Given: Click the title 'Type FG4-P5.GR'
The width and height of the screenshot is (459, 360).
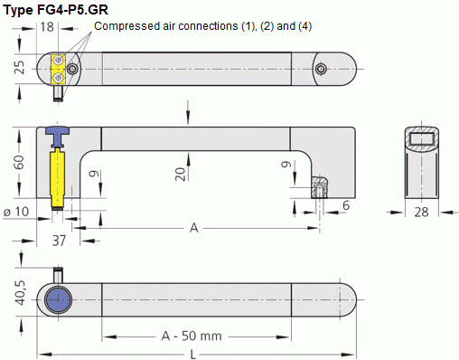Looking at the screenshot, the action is [x=55, y=10].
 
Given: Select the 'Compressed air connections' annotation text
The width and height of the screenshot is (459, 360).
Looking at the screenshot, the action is [x=166, y=26].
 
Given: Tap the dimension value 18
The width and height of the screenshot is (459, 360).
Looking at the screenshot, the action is [x=47, y=27].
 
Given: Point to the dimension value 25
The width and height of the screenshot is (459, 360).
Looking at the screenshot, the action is [x=20, y=67].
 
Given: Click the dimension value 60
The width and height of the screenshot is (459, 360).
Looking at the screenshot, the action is [x=19, y=162].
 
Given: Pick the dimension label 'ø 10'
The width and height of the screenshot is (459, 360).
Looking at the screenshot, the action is [x=16, y=212].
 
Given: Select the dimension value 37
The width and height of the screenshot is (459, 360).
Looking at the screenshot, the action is [x=59, y=241].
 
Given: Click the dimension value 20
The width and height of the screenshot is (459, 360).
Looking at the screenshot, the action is [x=180, y=174].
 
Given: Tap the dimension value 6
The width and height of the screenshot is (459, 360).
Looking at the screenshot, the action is [x=346, y=205].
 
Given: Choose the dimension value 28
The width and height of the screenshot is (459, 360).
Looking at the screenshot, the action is [x=421, y=213].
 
